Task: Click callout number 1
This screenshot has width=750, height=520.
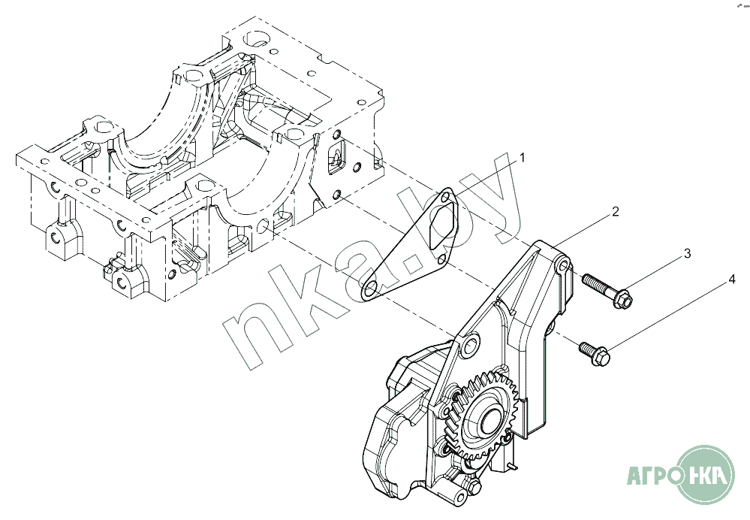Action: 523,158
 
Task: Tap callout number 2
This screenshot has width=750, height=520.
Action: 615,212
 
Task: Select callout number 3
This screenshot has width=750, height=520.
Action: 686,254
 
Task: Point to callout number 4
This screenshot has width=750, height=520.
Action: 731,281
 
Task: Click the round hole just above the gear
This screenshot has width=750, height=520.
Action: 469,346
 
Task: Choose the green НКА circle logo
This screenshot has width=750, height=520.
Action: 706,474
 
